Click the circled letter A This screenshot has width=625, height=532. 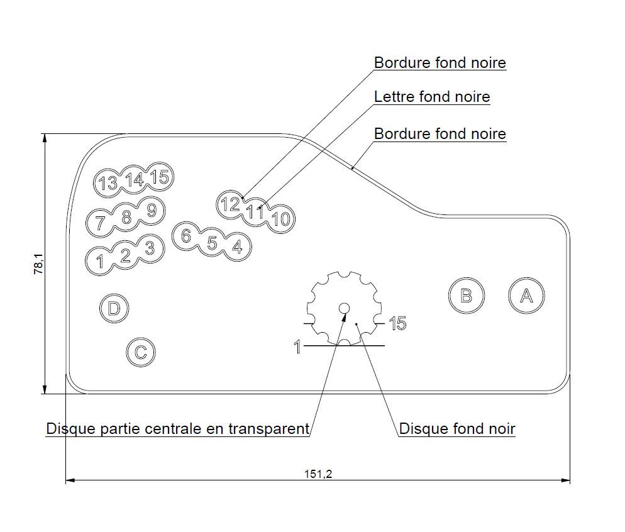pos(526,296)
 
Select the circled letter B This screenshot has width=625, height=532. pos(466,296)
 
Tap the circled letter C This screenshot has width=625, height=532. pos(140,352)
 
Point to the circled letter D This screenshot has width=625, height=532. pos(114,308)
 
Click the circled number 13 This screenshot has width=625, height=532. pos(108,183)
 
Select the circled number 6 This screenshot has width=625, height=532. pos(185,236)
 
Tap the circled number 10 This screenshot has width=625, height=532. pos(282,219)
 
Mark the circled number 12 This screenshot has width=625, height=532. pos(230,204)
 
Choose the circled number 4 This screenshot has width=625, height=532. pos(237,247)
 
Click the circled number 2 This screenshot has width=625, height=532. pos(125,255)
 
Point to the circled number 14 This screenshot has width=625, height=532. pos(134,180)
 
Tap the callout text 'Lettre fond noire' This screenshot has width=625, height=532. pos(431,97)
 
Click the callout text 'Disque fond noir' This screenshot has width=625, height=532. pos(457,429)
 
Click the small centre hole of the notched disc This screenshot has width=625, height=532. pos(344,308)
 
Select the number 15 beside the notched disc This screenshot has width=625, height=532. pos(397,324)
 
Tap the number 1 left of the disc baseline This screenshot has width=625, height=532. pos(297,346)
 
